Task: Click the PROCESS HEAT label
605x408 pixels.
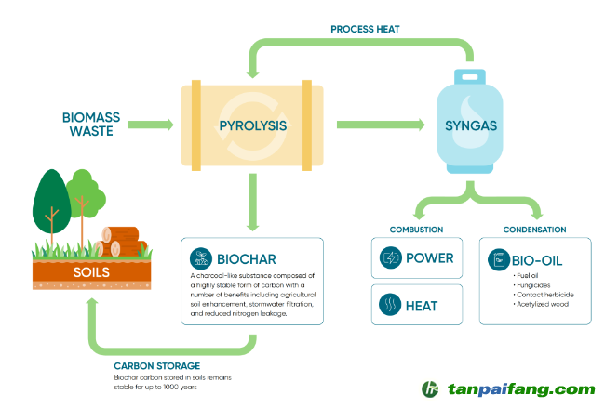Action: coord(365,29)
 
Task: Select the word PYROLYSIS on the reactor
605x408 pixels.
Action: coord(252,125)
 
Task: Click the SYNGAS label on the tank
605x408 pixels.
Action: coord(471,125)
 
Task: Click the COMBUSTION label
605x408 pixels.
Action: coord(416,230)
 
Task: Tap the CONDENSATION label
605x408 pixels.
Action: coord(534,230)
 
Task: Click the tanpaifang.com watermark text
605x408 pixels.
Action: coord(520,389)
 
